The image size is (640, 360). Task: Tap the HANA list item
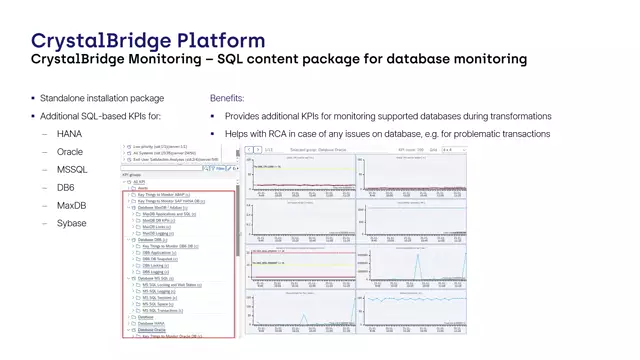pos(70,133)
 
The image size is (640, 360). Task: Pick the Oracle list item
pos(70,151)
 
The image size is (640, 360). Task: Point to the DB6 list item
pos(67,187)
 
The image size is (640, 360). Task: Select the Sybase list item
pos(72,223)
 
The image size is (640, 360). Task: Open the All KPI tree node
pos(140,181)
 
